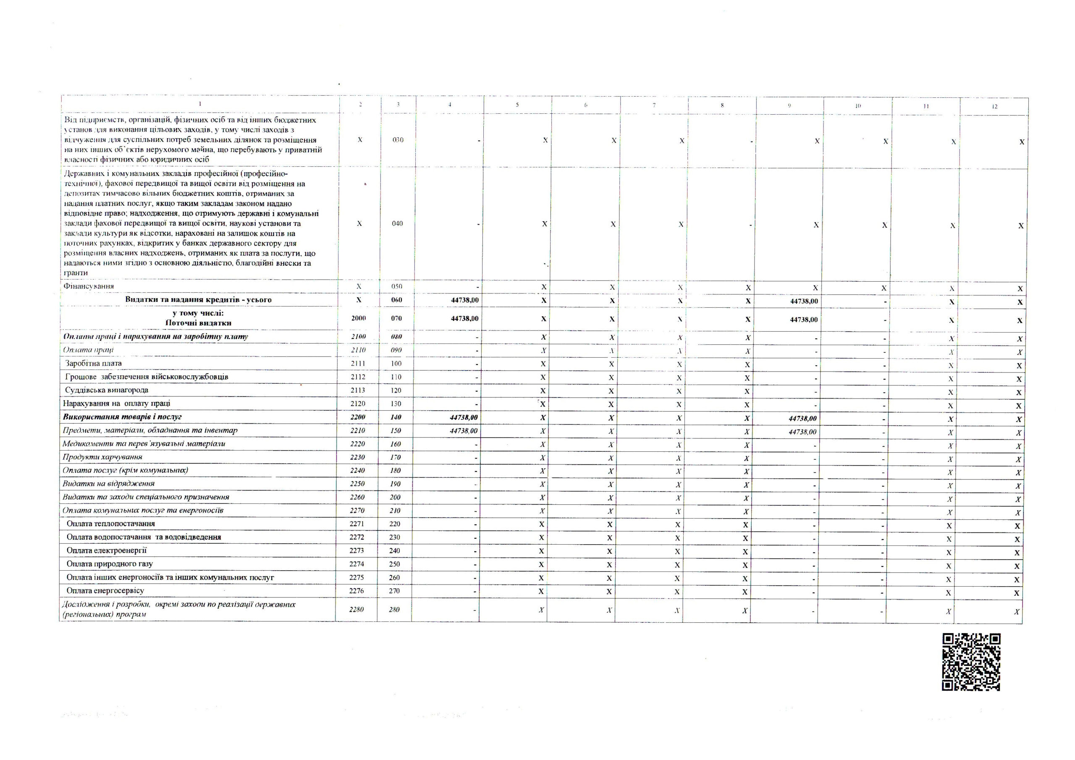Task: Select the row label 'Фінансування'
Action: click(89, 286)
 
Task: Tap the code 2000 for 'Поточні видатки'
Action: click(359, 318)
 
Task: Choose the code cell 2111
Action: click(358, 363)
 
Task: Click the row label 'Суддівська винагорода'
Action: click(107, 390)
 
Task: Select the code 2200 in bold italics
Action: click(358, 417)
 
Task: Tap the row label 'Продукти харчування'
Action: click(102, 457)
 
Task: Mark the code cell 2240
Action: click(357, 470)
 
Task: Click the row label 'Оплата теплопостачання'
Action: click(110, 524)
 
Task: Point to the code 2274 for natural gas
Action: click(357, 564)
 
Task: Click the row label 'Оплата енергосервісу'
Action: click(105, 591)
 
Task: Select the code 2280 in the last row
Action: click(357, 609)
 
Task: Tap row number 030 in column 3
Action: click(398, 139)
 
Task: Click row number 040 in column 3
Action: click(397, 223)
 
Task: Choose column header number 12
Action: click(994, 106)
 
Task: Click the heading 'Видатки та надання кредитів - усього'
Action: click(198, 300)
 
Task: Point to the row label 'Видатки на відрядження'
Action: click(109, 484)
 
